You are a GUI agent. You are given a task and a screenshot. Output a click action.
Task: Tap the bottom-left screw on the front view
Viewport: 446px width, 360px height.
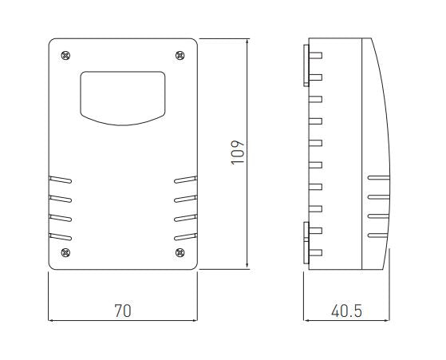65,253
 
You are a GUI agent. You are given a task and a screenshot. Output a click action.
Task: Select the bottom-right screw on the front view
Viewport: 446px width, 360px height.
179,253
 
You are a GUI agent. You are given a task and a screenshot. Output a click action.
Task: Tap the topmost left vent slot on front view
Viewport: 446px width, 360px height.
61,180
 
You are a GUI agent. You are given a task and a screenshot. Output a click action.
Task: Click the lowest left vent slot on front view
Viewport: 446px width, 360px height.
61,235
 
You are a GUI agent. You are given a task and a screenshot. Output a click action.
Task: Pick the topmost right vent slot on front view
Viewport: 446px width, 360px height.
185,180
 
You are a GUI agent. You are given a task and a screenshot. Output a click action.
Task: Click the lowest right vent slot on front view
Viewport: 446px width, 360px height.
185,235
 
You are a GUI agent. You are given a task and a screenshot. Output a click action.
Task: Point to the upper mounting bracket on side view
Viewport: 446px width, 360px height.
307,64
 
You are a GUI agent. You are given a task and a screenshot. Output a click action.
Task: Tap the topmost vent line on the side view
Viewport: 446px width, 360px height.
377,178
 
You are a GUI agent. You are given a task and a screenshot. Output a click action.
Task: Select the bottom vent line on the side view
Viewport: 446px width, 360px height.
377,234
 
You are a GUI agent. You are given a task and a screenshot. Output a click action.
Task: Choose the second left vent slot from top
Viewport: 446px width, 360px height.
61,198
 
